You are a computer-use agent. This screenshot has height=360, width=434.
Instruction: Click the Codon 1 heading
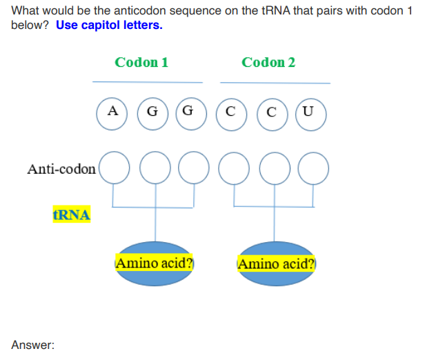(x=141, y=62)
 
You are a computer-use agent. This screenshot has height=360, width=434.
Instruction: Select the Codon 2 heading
(x=268, y=62)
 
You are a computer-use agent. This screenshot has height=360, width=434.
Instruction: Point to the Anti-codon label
(x=61, y=169)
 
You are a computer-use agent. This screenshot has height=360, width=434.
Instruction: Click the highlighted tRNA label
(x=71, y=214)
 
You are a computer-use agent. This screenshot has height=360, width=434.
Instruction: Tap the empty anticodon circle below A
(x=114, y=169)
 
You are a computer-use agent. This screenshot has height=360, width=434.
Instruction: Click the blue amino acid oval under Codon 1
(x=155, y=263)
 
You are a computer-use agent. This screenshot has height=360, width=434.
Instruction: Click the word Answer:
(x=32, y=344)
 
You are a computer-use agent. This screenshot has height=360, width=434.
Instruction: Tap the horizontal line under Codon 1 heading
(x=148, y=82)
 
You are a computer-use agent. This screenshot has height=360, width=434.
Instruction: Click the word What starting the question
(x=26, y=11)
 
